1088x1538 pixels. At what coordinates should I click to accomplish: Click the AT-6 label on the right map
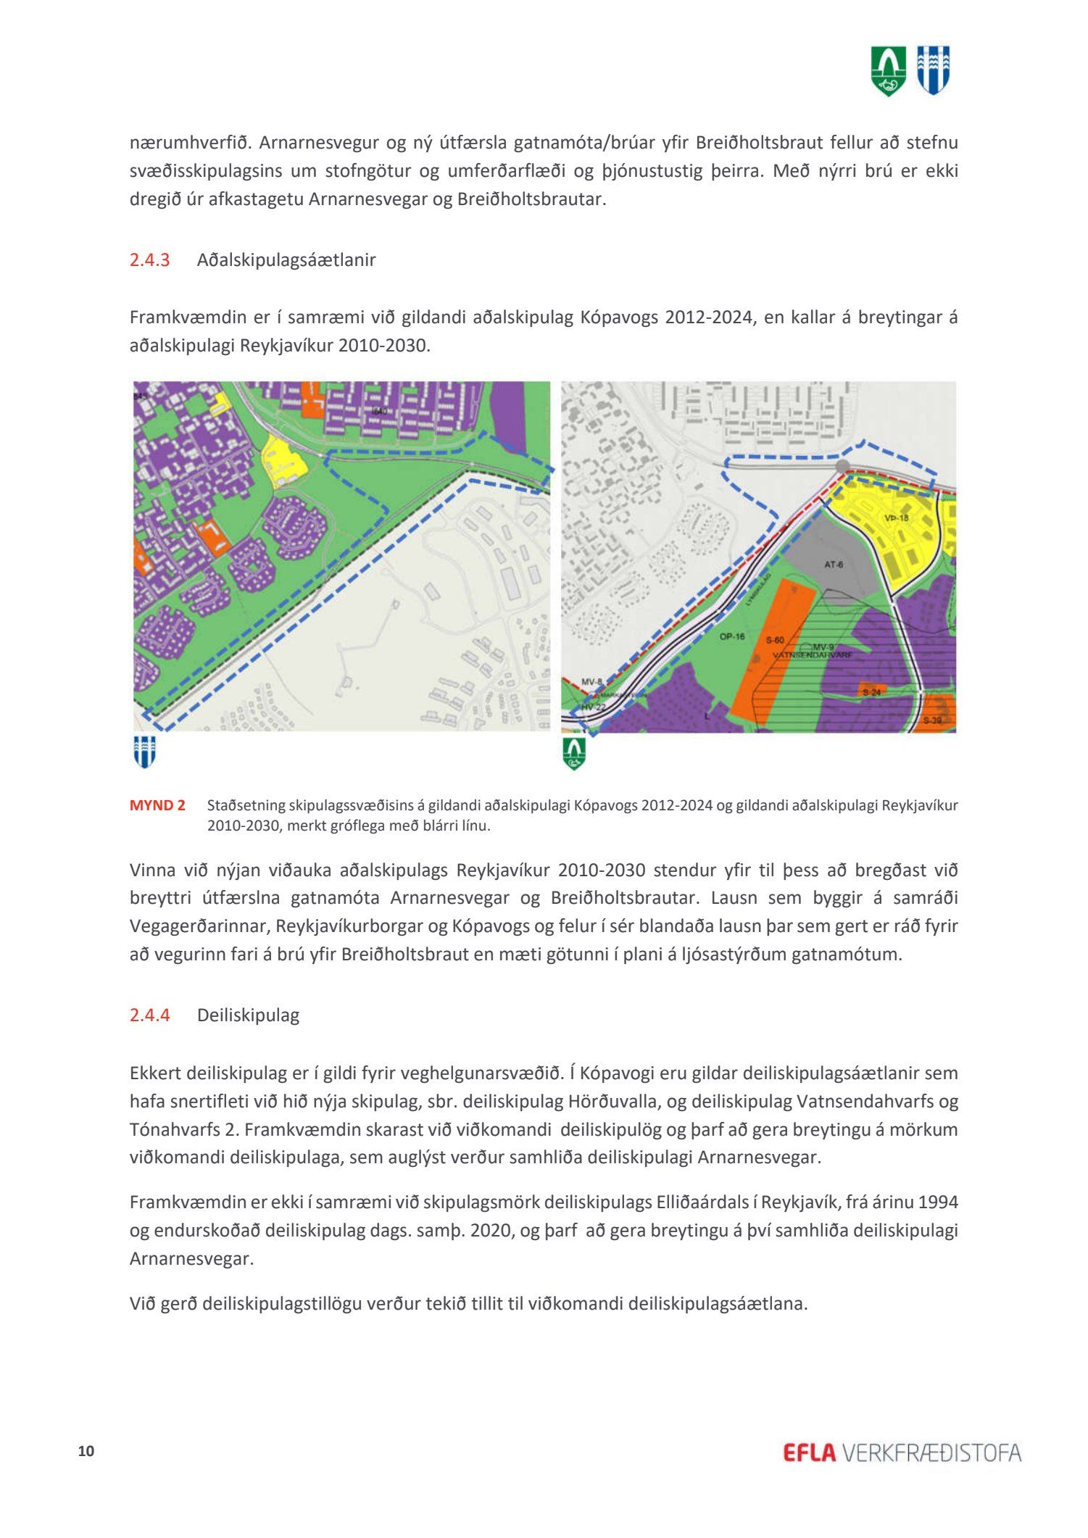pyautogui.click(x=834, y=565)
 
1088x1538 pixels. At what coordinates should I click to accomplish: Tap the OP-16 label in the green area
pyautogui.click(x=732, y=637)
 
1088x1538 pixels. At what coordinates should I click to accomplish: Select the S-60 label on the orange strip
pyautogui.click(x=775, y=640)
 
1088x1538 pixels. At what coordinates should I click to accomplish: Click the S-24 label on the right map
pyautogui.click(x=872, y=692)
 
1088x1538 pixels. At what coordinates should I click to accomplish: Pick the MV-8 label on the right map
pyautogui.click(x=592, y=682)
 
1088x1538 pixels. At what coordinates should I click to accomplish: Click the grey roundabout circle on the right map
pyautogui.click(x=842, y=466)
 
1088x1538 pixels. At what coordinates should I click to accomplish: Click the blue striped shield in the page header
pyautogui.click(x=934, y=70)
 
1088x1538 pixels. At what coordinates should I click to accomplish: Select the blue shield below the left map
pyautogui.click(x=144, y=752)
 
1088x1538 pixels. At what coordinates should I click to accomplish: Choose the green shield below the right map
pyautogui.click(x=574, y=753)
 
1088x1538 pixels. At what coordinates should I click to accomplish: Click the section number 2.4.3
pyautogui.click(x=149, y=260)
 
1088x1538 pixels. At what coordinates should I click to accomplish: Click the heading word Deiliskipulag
pyautogui.click(x=248, y=1015)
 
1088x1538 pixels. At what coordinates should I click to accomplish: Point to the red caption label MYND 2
pyautogui.click(x=157, y=805)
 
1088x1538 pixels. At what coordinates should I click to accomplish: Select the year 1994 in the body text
pyautogui.click(x=938, y=1202)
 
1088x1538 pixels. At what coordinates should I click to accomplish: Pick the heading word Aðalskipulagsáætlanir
pyautogui.click(x=286, y=260)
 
